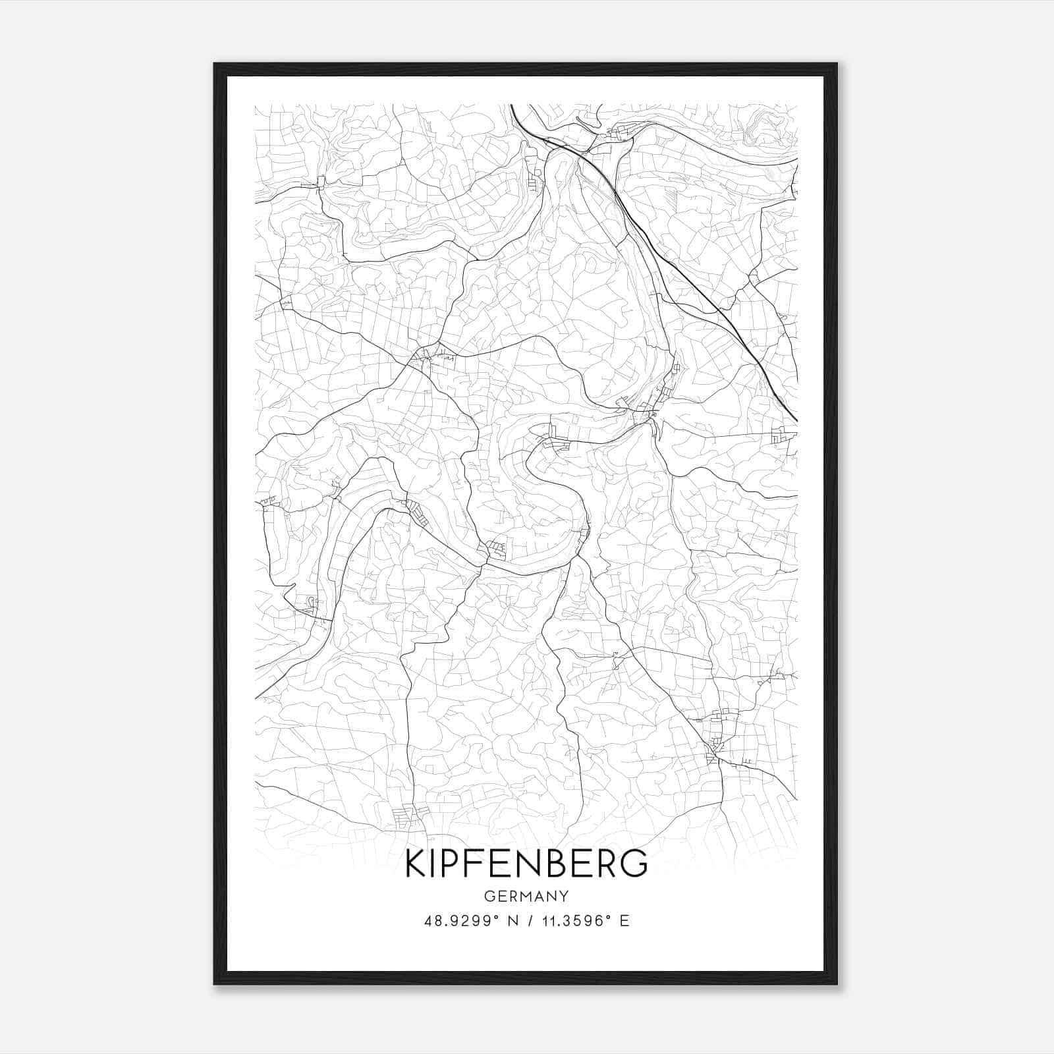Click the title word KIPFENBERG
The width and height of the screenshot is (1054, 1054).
526,864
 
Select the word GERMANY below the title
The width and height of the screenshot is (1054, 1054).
526,896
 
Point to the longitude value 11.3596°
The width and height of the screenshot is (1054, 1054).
574,921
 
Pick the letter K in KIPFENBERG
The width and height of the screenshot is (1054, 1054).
416,864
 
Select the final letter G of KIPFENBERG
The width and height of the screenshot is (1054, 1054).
633,864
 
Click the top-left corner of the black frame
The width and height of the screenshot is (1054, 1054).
215,64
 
